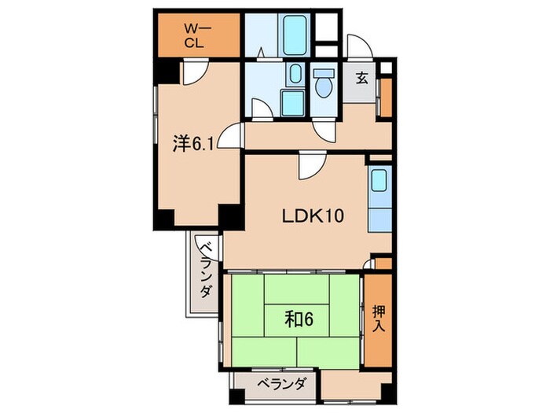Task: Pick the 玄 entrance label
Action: coord(361,78)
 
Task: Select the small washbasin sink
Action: coord(292,76)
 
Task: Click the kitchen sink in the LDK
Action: coord(377,186)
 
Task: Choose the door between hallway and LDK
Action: coord(309,164)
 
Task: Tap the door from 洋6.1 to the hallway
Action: coord(230,137)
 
